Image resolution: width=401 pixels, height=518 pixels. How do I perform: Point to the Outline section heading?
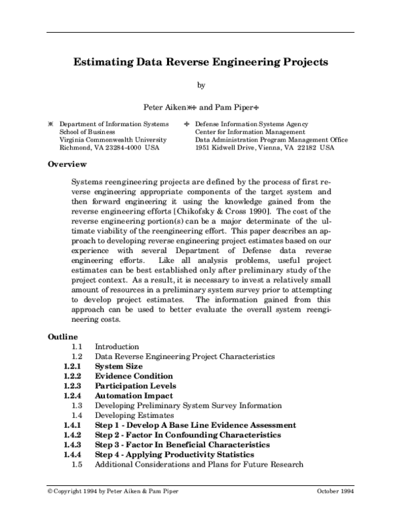63,336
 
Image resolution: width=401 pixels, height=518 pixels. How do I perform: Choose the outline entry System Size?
118,366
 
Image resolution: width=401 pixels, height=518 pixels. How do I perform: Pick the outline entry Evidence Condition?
134,376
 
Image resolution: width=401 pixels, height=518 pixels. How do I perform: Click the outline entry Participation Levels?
136,386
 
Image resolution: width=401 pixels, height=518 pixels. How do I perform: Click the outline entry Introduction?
117,347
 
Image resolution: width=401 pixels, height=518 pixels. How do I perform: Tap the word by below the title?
200,85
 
